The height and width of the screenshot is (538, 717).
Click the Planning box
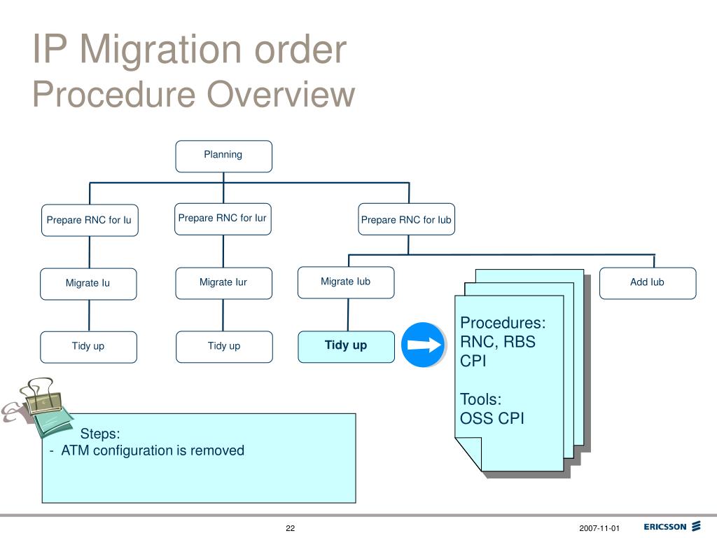click(x=223, y=156)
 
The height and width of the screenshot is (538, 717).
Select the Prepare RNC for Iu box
click(x=90, y=220)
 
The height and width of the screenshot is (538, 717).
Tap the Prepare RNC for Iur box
click(x=223, y=219)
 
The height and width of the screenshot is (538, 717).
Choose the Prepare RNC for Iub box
click(x=407, y=219)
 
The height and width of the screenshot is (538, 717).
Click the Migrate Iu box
click(x=88, y=284)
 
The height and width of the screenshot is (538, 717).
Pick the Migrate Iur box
click(x=223, y=283)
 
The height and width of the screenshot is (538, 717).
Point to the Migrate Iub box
click(x=346, y=283)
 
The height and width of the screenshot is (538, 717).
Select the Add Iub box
click(x=648, y=283)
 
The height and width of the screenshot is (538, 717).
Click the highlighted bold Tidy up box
click(x=346, y=347)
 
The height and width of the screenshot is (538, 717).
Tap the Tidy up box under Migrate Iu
click(x=88, y=347)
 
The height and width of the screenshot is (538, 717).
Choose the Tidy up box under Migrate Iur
click(x=224, y=347)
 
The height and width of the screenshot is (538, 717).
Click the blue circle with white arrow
click(x=423, y=345)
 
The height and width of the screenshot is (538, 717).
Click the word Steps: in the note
click(x=99, y=434)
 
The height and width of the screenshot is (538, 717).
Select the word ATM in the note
click(x=75, y=450)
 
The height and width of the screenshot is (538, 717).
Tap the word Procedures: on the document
click(x=503, y=323)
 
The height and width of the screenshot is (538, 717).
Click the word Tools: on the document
click(x=480, y=399)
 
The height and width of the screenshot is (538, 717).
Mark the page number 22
click(x=291, y=528)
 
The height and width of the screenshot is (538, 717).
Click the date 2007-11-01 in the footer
click(x=599, y=528)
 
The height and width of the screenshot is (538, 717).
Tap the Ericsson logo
click(x=672, y=527)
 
